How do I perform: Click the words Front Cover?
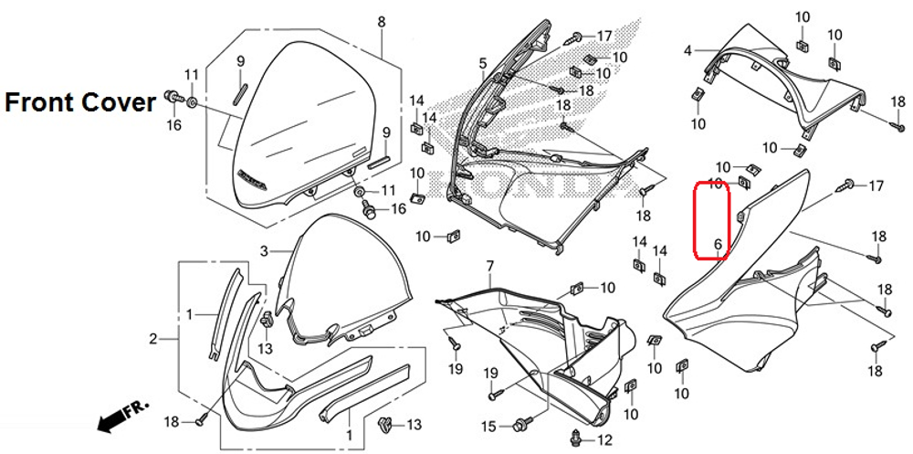[x=80, y=102]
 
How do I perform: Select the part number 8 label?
[x=381, y=22]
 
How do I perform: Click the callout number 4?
[x=687, y=51]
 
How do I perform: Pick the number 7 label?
[x=489, y=266]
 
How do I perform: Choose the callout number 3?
[x=263, y=250]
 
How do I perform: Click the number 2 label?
[x=153, y=340]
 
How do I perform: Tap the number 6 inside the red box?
[x=718, y=244]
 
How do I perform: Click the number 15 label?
[x=489, y=426]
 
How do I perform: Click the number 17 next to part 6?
[x=876, y=186]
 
